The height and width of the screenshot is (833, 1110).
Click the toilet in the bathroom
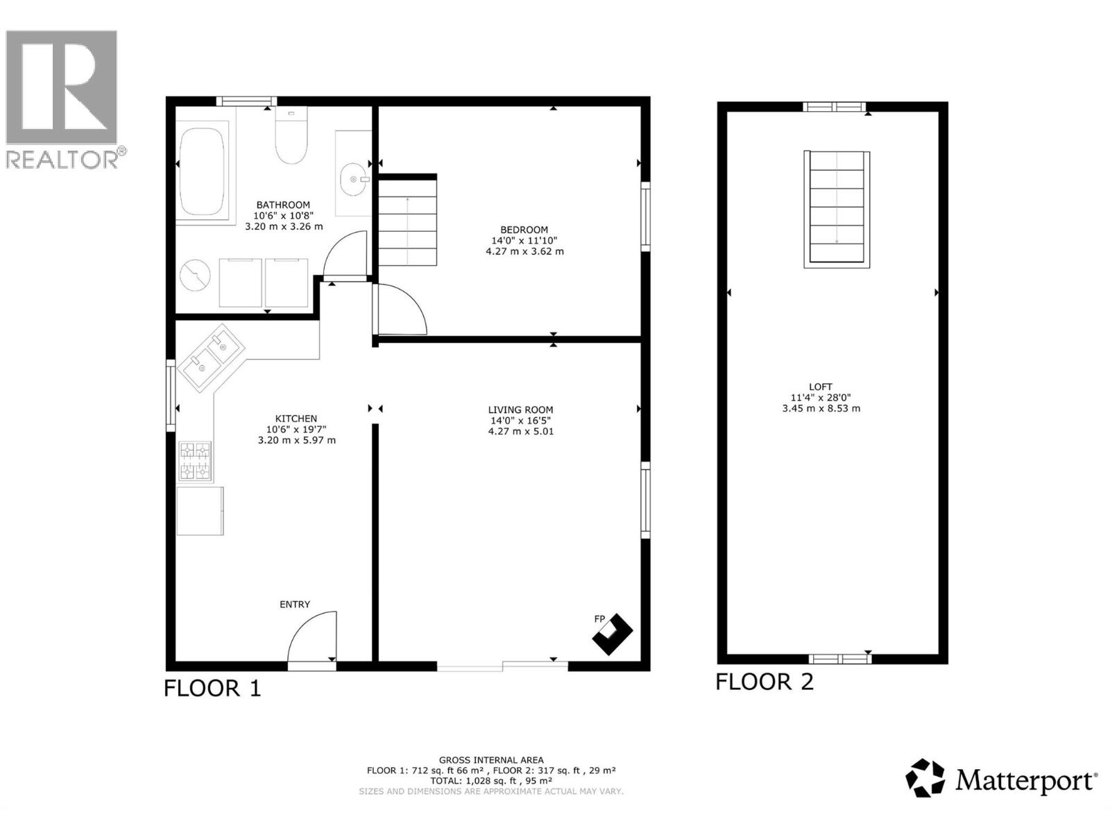(291, 139)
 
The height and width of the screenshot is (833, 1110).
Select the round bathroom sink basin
(355, 179)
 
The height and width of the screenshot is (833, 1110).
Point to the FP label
(599, 619)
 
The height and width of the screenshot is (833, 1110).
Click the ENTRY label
(295, 605)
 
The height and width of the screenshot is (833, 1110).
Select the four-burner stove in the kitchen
(195, 462)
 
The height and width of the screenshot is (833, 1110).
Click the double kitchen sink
(211, 357)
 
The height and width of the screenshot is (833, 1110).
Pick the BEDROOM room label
(524, 230)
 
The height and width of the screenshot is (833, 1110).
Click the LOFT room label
(820, 387)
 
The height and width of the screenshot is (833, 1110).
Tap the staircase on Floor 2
(837, 208)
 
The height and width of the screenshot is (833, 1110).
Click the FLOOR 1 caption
(212, 688)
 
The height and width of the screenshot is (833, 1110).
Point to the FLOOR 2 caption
(765, 682)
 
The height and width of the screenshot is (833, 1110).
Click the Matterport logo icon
(925, 778)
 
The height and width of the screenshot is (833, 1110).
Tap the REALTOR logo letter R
(61, 87)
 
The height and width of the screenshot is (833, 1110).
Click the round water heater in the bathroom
(195, 276)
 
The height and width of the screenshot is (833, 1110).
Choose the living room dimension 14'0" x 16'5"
(520, 421)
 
